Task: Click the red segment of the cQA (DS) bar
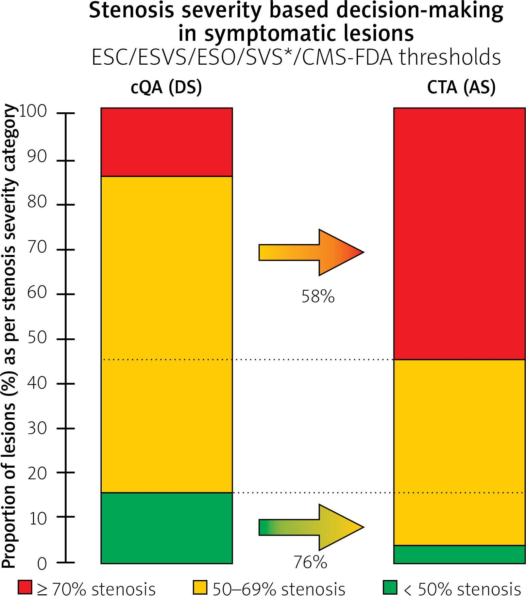coord(167,142)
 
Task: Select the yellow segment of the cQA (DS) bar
coord(167,334)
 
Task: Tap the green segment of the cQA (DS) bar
coord(167,528)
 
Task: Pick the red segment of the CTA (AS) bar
coord(459,233)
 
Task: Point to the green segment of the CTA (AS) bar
coord(459,554)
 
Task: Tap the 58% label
coord(318,296)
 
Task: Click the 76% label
coord(310,562)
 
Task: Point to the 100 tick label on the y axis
coord(33,111)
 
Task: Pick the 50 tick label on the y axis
coord(37,338)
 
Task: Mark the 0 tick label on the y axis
coord(42,564)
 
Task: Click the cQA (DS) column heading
coord(166,87)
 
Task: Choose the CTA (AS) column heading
coord(461,87)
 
